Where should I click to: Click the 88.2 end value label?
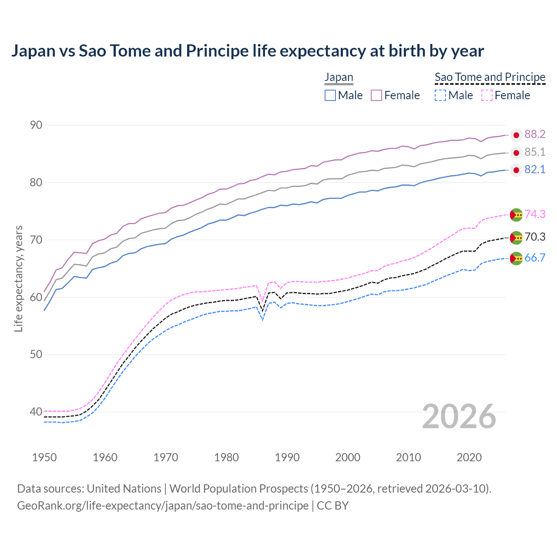534,134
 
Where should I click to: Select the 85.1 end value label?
534,152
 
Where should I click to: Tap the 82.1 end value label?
534,170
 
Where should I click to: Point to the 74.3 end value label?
535,214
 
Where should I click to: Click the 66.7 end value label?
535,258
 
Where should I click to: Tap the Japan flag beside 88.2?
516,135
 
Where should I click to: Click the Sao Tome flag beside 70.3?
516,238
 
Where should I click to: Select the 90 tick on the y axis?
36,125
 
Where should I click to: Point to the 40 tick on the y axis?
36,412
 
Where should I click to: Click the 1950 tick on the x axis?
44,457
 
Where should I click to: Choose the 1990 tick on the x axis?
287,457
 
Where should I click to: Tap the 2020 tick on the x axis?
469,457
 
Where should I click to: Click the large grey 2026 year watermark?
459,416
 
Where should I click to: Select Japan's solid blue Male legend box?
330,95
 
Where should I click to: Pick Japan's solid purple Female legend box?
376,95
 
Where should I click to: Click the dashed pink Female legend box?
487,95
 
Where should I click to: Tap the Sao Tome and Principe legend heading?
490,77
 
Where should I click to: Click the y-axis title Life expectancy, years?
18,278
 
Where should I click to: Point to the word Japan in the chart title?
33,51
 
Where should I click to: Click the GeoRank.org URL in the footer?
163,506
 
